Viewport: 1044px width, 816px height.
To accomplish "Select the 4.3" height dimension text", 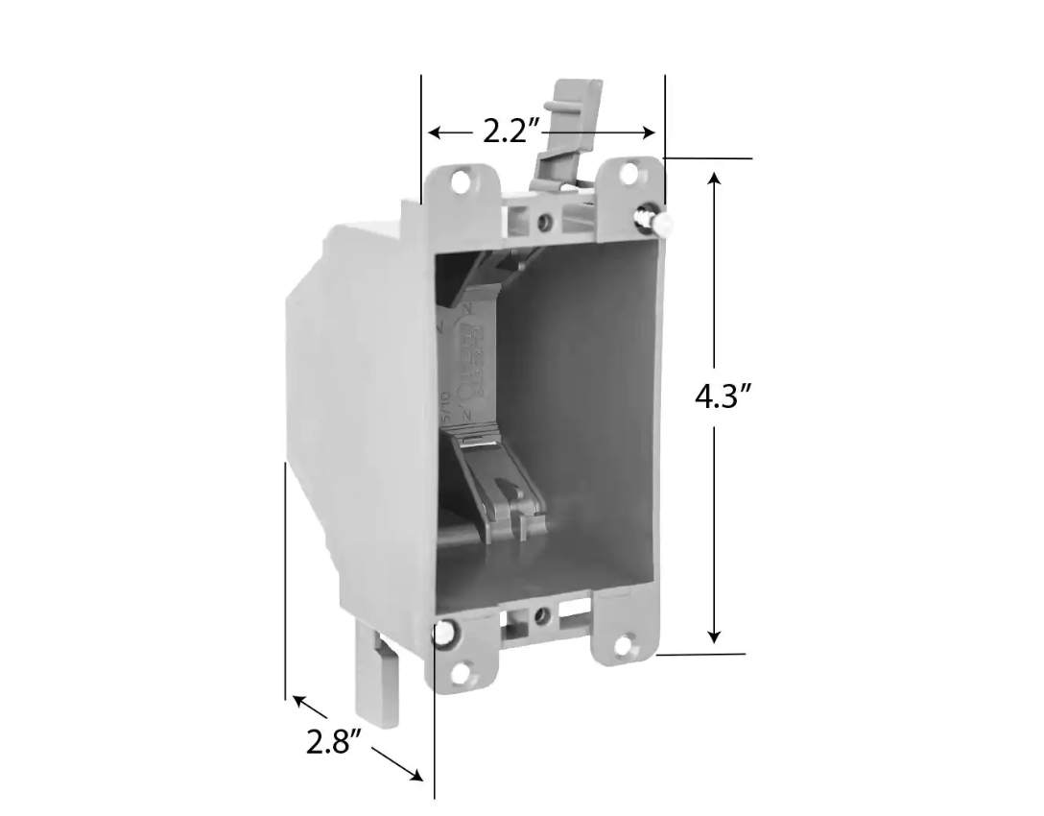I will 722,396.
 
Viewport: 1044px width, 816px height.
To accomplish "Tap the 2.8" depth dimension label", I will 334,742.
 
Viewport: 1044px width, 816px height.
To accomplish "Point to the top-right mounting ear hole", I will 629,173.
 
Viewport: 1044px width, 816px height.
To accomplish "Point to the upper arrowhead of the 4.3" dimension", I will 714,180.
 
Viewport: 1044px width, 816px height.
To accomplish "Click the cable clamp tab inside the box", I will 499,480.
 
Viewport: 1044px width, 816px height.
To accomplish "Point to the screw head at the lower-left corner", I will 445,635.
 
